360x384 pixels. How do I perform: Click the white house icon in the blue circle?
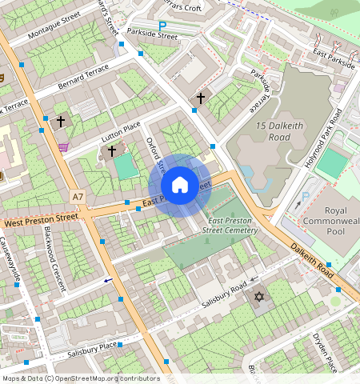pos(180,185)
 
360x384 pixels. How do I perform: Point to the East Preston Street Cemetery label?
pos(233,225)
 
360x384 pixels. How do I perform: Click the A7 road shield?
pos(77,196)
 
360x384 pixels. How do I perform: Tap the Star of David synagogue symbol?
pos(258,298)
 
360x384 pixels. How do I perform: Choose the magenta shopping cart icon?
pos(63,146)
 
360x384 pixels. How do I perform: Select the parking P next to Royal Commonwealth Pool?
pos(305,197)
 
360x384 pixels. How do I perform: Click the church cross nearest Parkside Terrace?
pos(200,98)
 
